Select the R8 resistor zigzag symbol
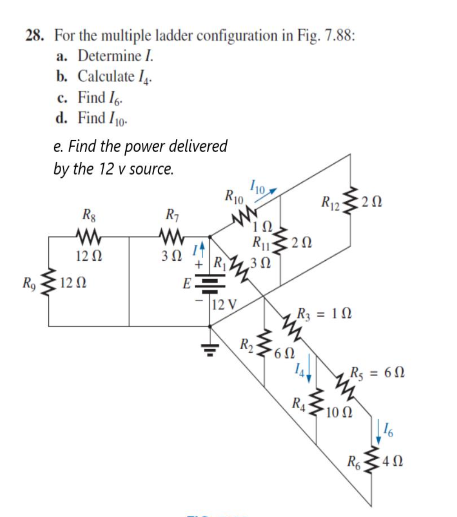point(87,235)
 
